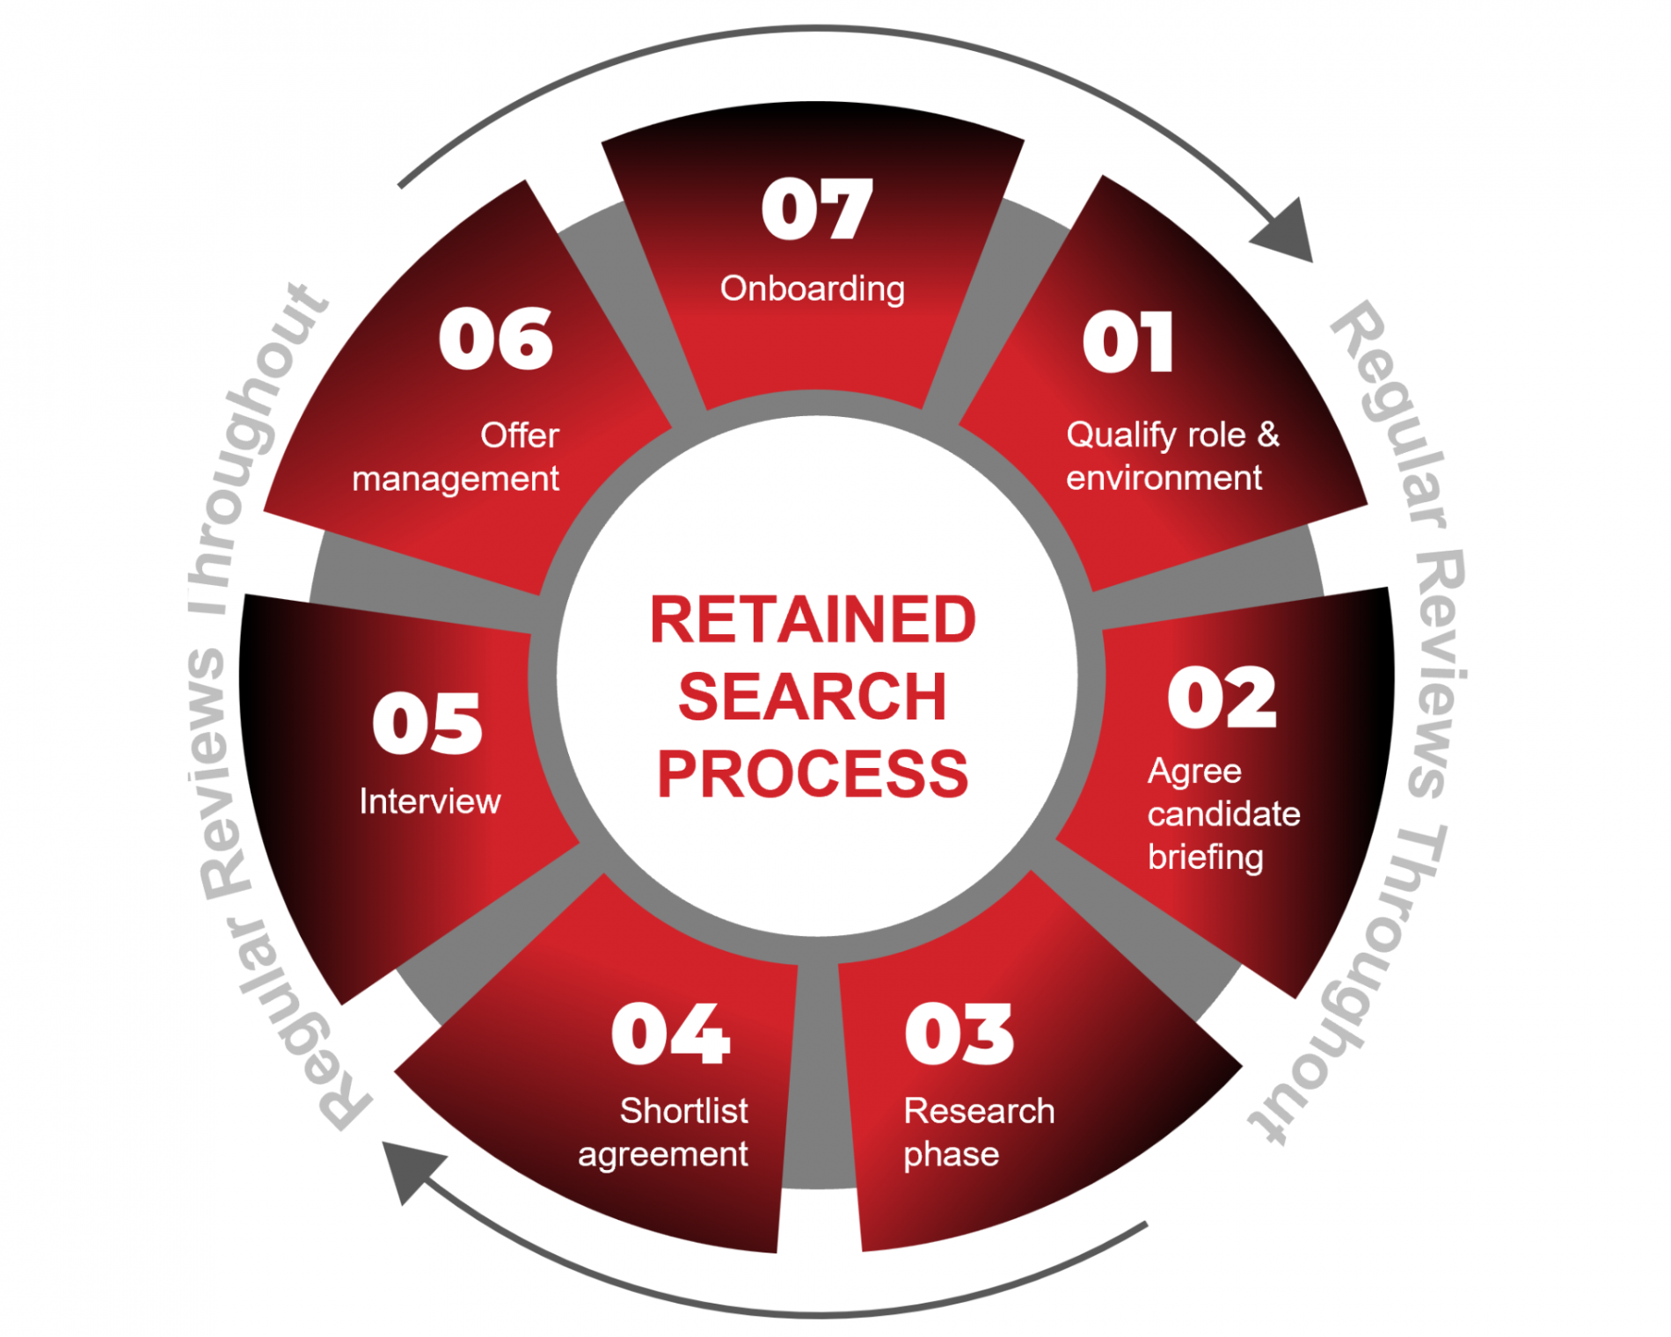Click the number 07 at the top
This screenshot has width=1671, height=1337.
point(817,209)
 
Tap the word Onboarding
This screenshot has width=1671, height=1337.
point(812,289)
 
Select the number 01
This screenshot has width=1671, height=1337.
point(1128,342)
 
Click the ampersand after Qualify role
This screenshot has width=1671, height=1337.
point(1267,434)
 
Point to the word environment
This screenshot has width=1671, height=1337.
point(1164,478)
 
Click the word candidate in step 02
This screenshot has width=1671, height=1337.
point(1223,814)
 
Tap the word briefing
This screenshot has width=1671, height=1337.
point(1205,857)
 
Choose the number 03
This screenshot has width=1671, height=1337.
point(959,1034)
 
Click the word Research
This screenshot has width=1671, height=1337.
point(979,1111)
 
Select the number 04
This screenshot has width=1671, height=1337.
point(670,1034)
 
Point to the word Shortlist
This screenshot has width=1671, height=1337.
point(683,1111)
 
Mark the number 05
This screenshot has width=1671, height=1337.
point(427,723)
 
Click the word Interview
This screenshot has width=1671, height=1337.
point(430,801)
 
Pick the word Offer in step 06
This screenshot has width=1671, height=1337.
point(519,435)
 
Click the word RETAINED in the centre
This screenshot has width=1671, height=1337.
point(813,620)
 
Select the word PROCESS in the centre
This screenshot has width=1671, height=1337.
point(813,775)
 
